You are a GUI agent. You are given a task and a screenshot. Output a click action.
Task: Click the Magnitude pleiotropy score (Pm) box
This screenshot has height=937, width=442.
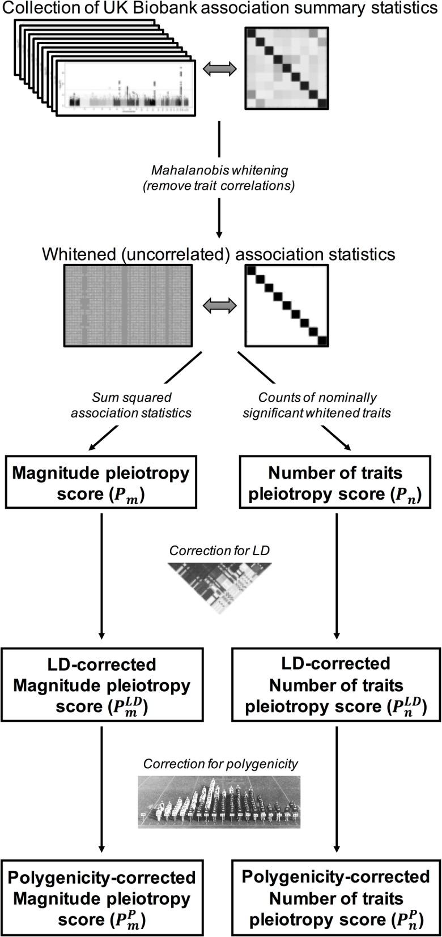(101, 483)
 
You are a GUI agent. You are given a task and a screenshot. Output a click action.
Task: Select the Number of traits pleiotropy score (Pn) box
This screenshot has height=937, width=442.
(336, 483)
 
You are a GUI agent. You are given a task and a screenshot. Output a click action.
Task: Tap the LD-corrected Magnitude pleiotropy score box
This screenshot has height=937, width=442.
(102, 685)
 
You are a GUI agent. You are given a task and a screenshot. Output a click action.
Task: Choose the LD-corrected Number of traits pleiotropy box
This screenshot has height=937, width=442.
(336, 685)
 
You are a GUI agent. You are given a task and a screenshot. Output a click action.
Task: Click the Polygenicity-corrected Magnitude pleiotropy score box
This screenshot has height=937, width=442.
(102, 898)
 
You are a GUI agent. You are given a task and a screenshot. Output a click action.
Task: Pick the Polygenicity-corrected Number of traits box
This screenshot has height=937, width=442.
(336, 898)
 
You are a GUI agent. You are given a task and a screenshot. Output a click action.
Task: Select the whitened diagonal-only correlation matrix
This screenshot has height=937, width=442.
(286, 305)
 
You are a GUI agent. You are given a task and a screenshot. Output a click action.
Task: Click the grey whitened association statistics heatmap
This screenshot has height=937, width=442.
(127, 305)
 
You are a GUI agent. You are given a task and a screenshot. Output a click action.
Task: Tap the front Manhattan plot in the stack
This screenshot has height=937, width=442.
(128, 88)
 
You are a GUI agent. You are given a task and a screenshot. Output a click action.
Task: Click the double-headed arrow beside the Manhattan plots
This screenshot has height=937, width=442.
(219, 68)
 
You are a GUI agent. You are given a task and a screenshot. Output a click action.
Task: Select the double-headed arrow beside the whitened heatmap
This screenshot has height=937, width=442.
(219, 305)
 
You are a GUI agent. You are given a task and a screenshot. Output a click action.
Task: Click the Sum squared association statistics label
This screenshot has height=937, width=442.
(131, 405)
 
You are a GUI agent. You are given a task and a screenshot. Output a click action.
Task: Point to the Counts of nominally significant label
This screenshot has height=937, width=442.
(317, 405)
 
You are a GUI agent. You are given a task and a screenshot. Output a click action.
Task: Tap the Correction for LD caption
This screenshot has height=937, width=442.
(220, 551)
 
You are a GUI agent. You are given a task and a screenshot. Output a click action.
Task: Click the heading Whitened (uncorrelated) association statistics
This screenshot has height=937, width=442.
(219, 253)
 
